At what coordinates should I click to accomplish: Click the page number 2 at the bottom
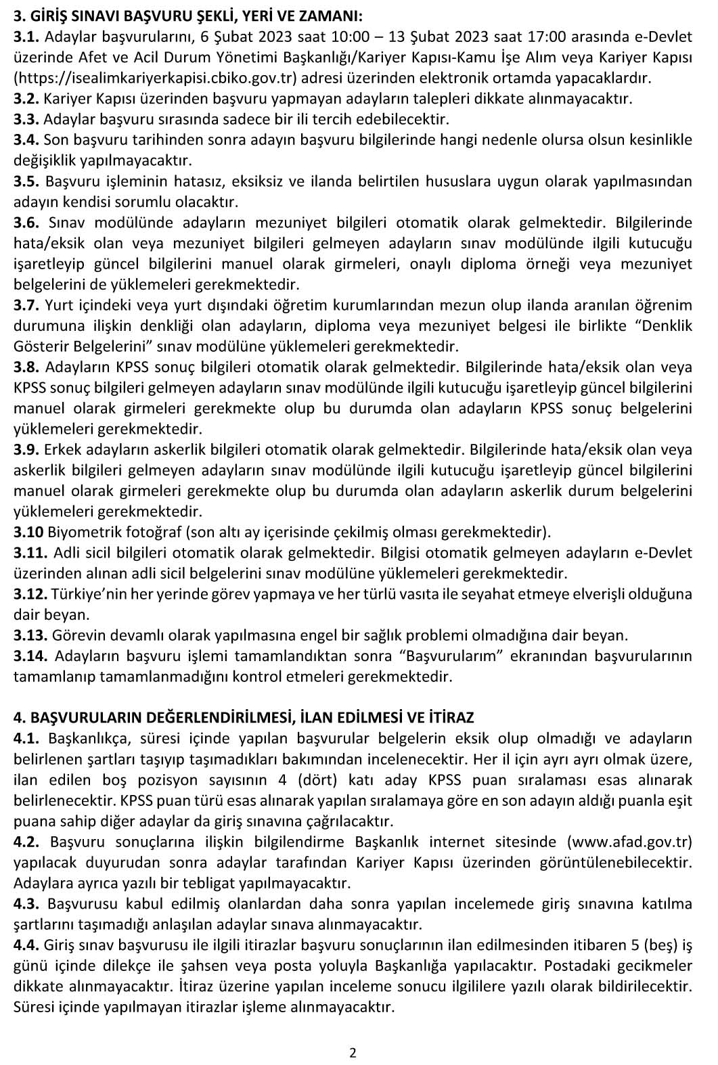point(353,1052)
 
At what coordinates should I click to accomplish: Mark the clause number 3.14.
point(30,656)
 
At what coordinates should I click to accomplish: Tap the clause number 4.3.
point(27,903)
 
